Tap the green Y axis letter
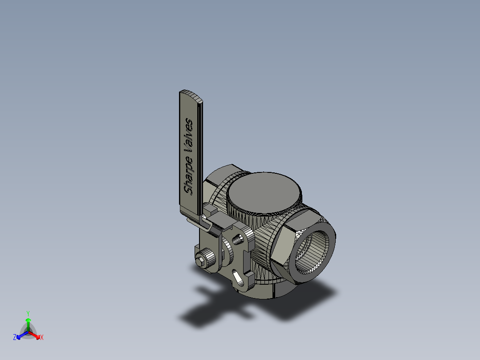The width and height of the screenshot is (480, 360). tap(28, 313)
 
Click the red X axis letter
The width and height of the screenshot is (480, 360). tap(42, 338)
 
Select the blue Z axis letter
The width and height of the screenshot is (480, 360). tap(15, 338)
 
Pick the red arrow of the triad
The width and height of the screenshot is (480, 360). tap(35, 335)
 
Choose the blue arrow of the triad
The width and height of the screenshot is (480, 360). tap(21, 335)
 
